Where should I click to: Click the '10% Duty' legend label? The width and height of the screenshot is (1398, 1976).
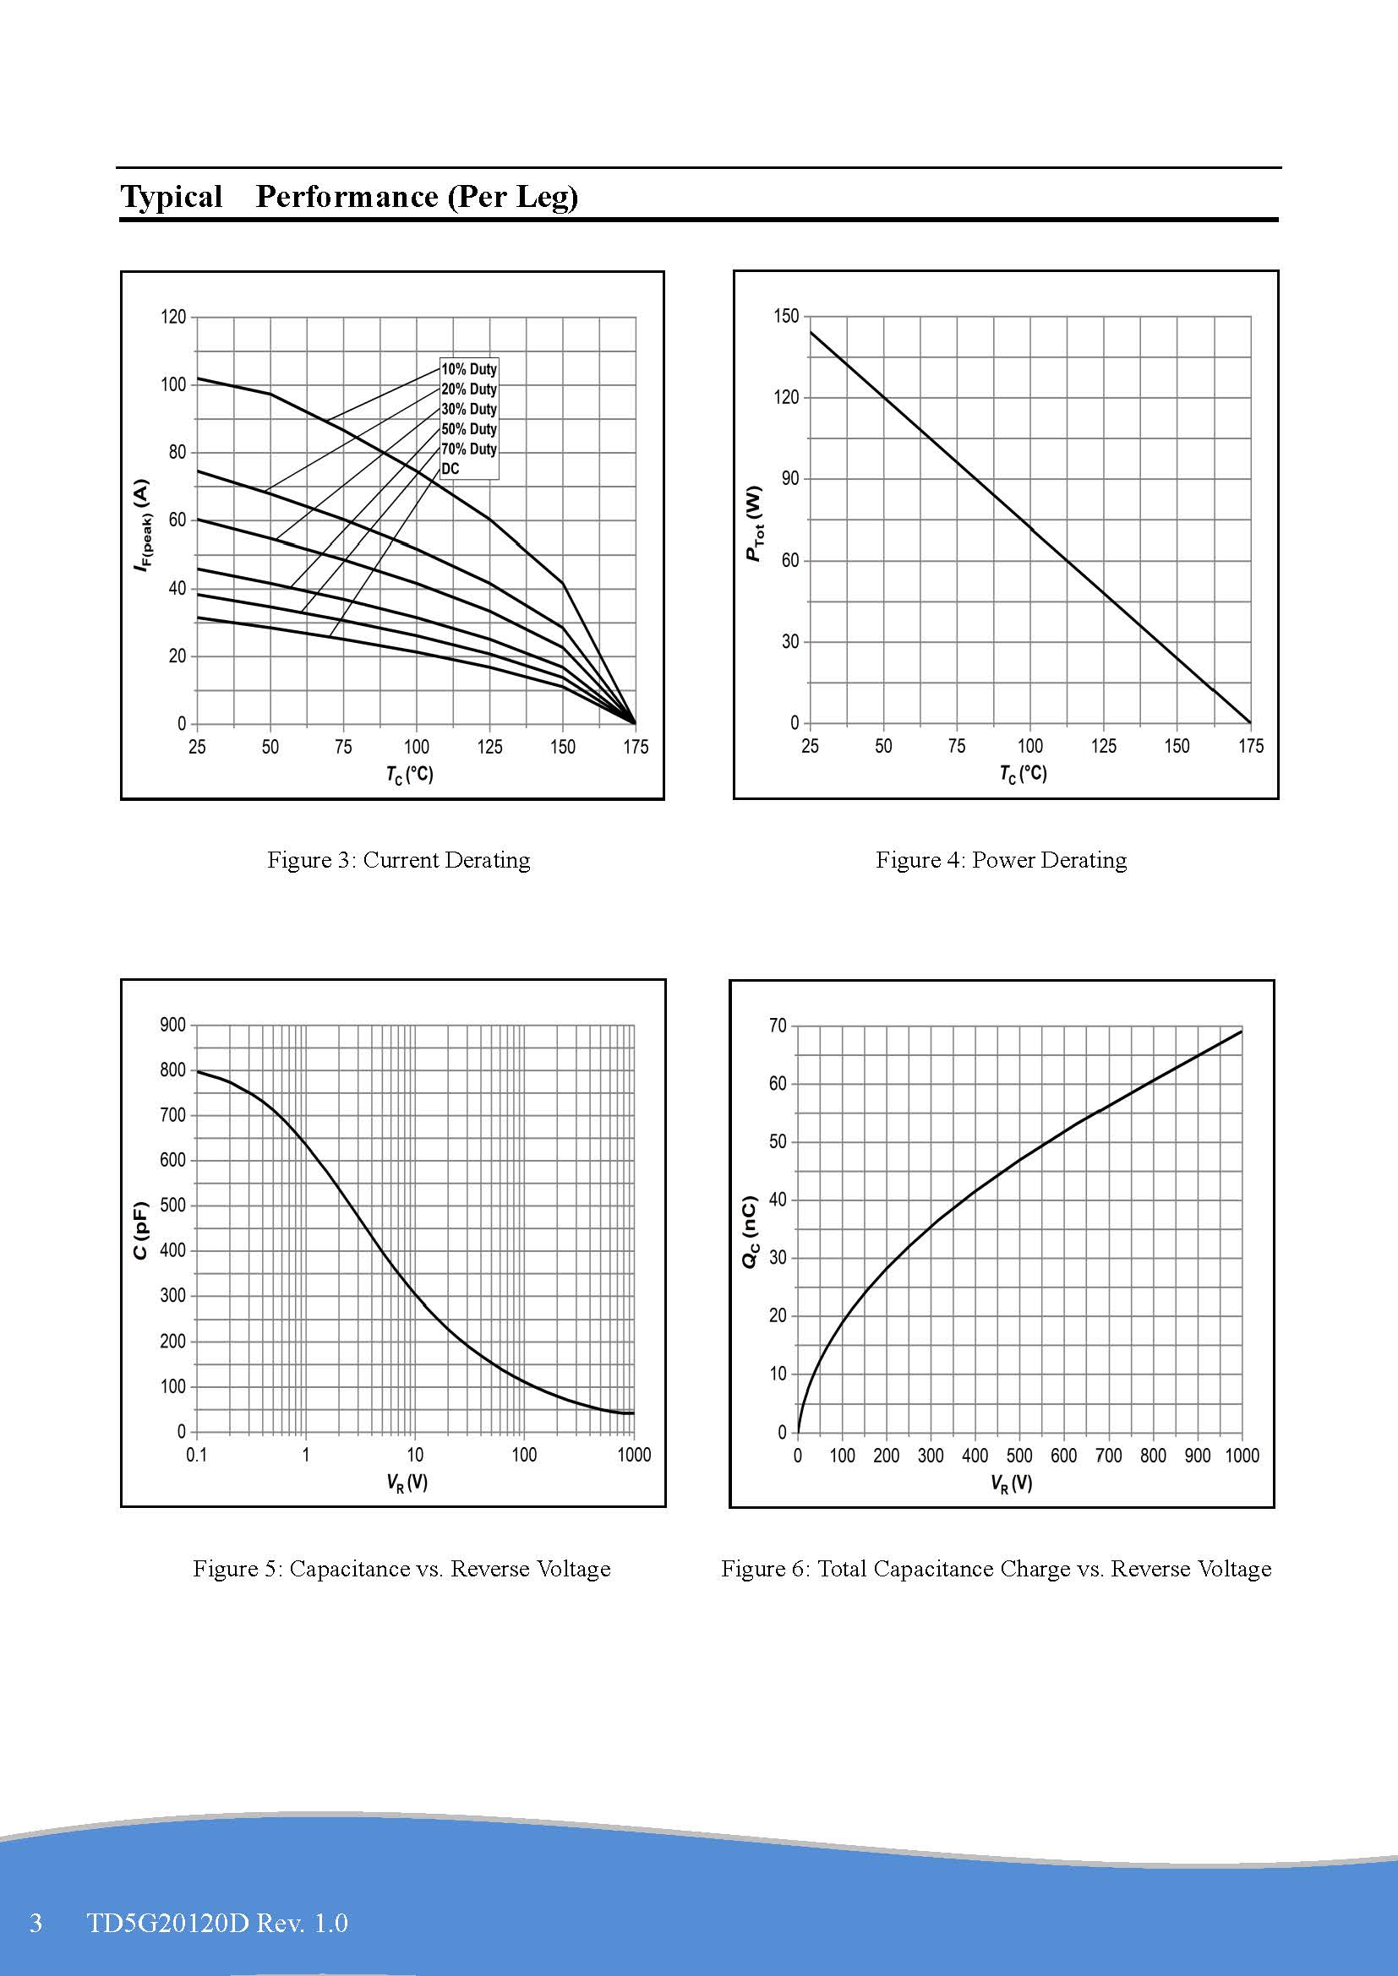(x=468, y=369)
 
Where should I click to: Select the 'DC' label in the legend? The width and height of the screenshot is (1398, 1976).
(x=451, y=469)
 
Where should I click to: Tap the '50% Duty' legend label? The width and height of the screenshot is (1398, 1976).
(x=468, y=429)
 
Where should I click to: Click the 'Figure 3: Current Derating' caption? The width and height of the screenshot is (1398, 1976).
(x=399, y=860)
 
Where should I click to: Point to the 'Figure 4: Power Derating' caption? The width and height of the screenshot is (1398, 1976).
(x=1001, y=860)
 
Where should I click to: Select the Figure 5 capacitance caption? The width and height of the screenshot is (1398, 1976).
(x=401, y=1568)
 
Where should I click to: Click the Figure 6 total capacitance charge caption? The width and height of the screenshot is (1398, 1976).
(x=996, y=1568)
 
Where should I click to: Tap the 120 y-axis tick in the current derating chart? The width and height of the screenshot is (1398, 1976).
(x=173, y=317)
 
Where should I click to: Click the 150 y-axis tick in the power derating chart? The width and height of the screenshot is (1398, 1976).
(x=786, y=316)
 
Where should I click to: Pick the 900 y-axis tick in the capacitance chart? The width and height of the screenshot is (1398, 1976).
(x=173, y=1024)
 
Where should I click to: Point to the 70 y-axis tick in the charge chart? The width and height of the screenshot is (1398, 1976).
(x=778, y=1025)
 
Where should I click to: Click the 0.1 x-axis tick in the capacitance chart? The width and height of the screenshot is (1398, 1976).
(x=196, y=1455)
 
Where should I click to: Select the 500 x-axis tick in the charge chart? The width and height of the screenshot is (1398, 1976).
(x=1019, y=1456)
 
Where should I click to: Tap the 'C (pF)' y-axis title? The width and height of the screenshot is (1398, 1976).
(x=141, y=1230)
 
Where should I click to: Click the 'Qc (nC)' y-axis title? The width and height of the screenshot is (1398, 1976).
(x=750, y=1231)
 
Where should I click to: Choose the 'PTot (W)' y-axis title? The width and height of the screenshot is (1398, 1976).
(x=754, y=522)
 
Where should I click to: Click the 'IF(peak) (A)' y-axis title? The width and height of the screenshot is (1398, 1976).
(x=143, y=525)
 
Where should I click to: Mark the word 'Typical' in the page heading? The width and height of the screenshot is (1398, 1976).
(x=172, y=196)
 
